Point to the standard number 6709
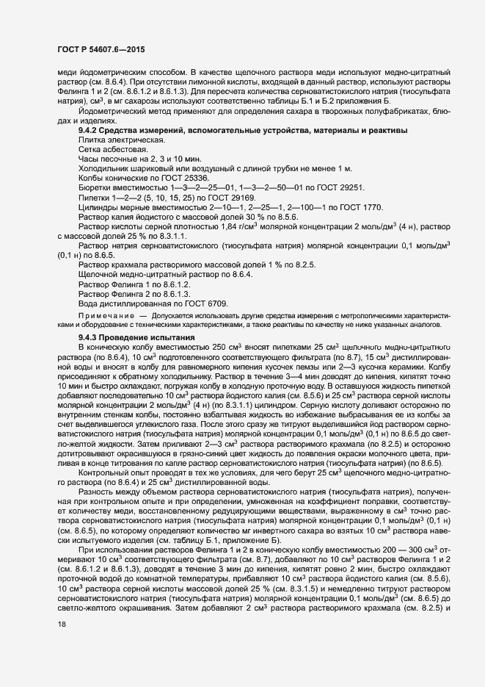coord(216,303)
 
